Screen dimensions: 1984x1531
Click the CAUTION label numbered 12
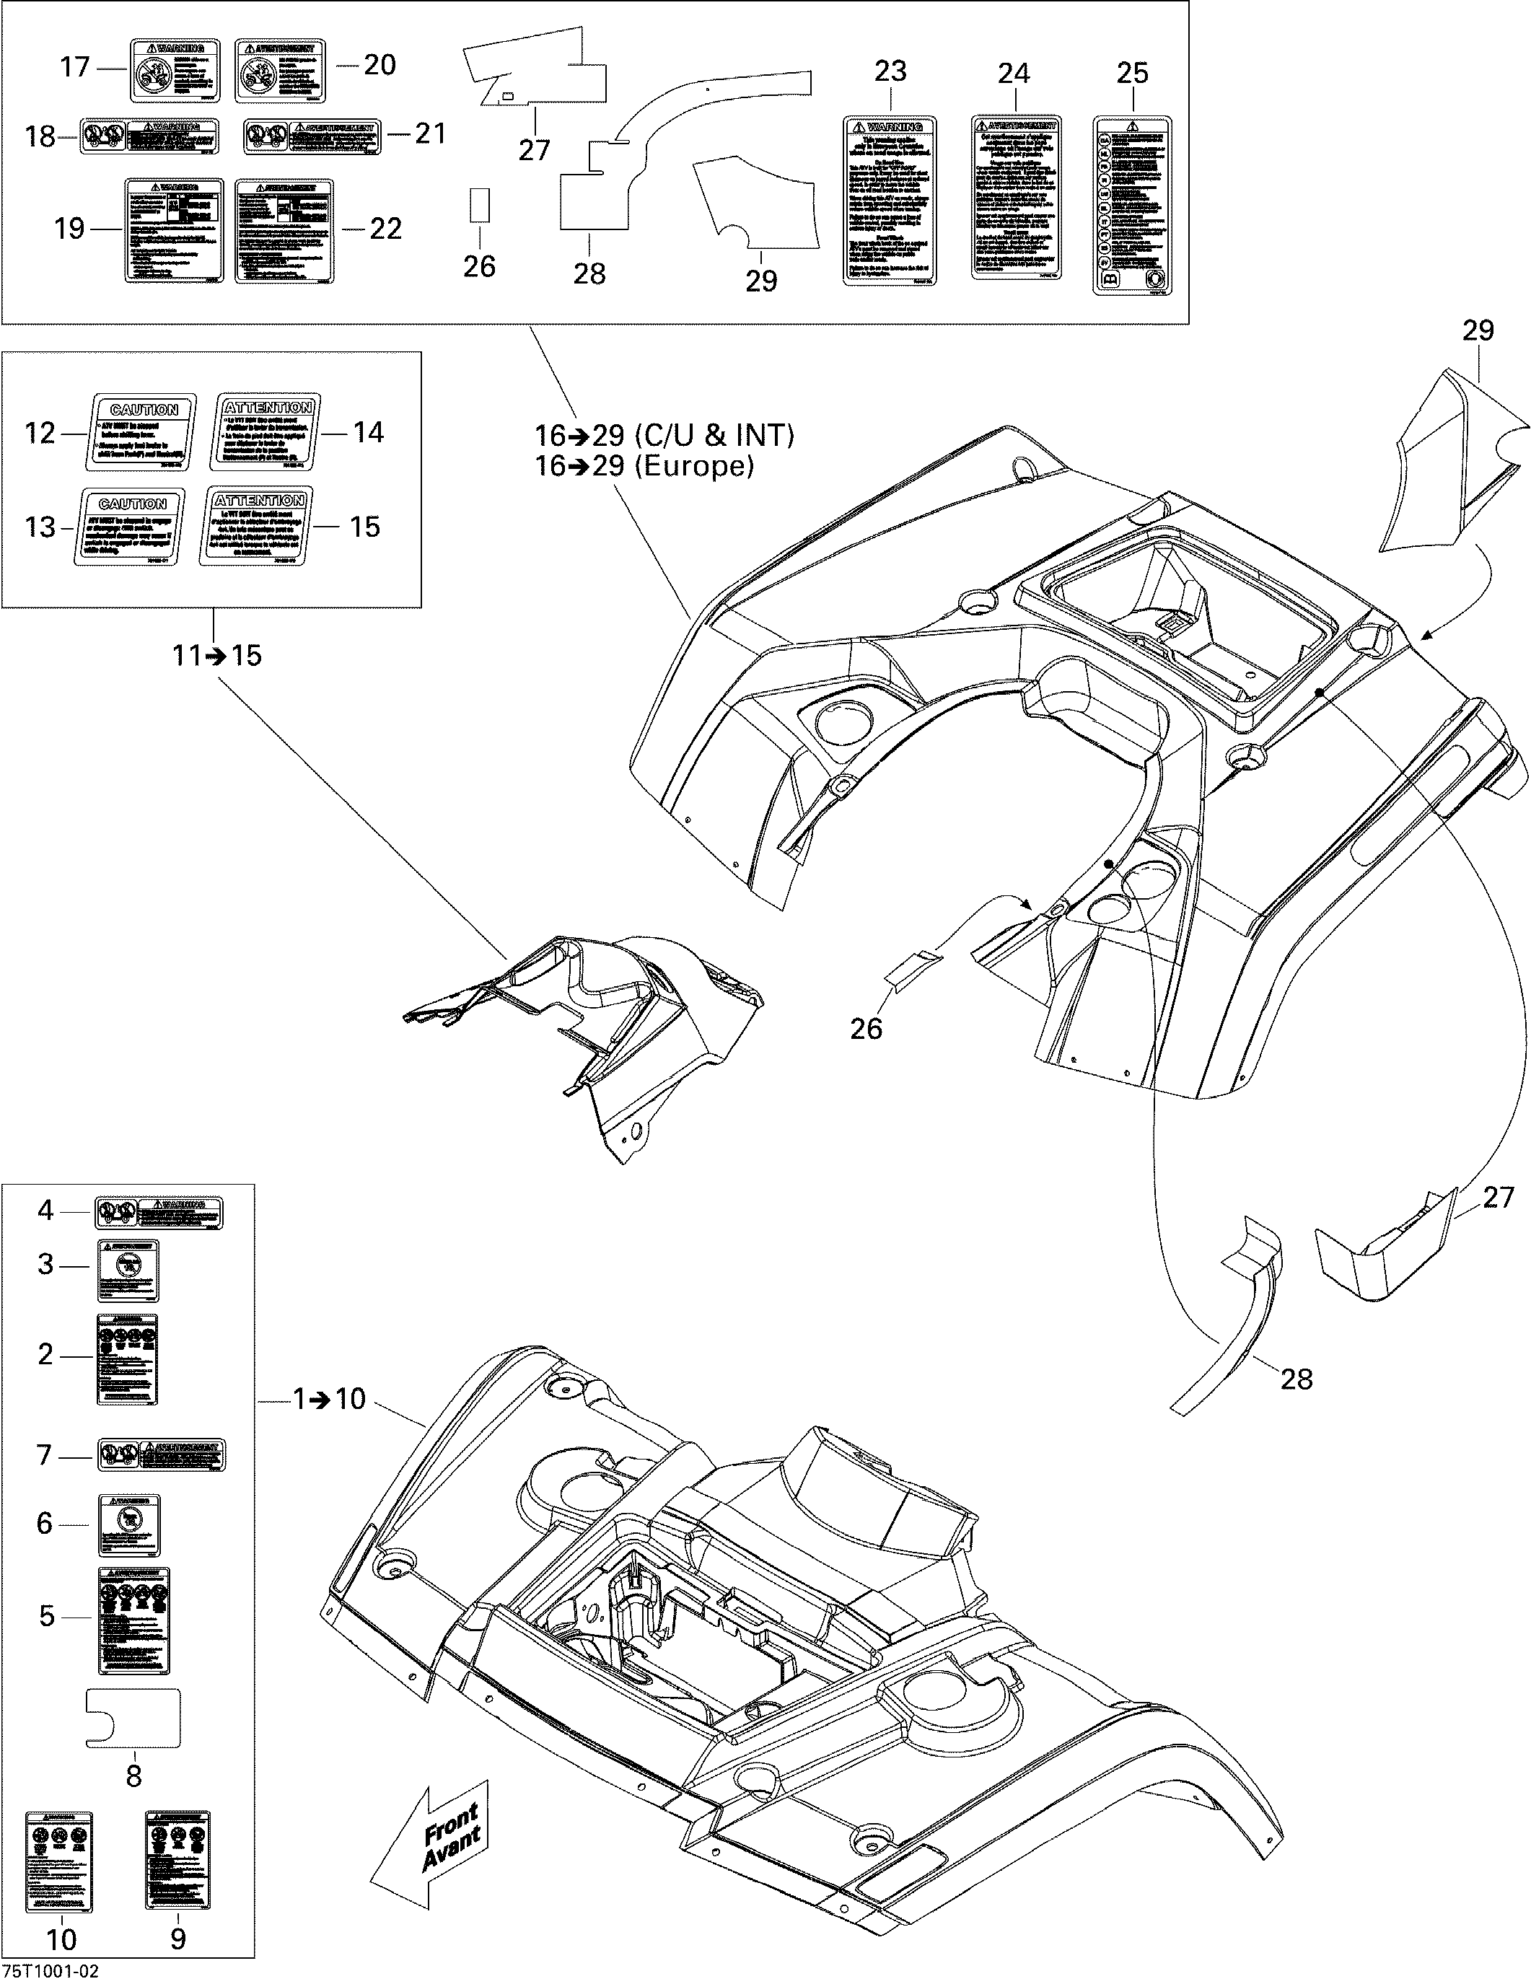pyautogui.click(x=143, y=432)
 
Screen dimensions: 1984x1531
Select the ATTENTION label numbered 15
pyautogui.click(x=259, y=527)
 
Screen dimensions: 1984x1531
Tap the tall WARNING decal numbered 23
pyautogui.click(x=890, y=201)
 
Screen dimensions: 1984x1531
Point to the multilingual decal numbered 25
pyautogui.click(x=1132, y=206)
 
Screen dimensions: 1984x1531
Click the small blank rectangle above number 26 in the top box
pyautogui.click(x=479, y=206)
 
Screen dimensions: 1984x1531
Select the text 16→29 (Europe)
pyautogui.click(x=644, y=466)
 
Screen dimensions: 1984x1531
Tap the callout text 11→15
pyautogui.click(x=216, y=655)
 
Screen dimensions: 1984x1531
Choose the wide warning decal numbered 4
pyautogui.click(x=159, y=1213)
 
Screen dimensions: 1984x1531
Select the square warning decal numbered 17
pyautogui.click(x=175, y=69)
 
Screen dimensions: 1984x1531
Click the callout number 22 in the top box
pyautogui.click(x=385, y=228)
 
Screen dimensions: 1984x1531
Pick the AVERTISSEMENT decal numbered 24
pyautogui.click(x=1015, y=197)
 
